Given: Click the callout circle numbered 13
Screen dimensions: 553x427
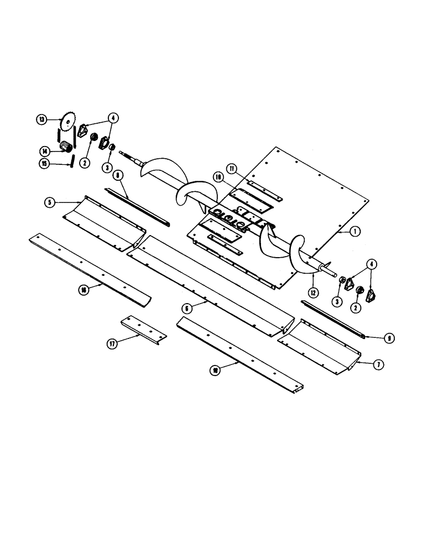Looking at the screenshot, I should pos(41,119).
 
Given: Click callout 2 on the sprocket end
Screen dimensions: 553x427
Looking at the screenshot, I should pos(85,163).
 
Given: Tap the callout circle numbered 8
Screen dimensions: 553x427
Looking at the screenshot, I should pos(118,175).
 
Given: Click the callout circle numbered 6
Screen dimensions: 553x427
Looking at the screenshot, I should pos(186,306).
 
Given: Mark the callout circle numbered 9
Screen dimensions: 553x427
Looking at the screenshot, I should pos(390,337).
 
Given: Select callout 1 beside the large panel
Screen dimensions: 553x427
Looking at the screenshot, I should pos(353,233).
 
